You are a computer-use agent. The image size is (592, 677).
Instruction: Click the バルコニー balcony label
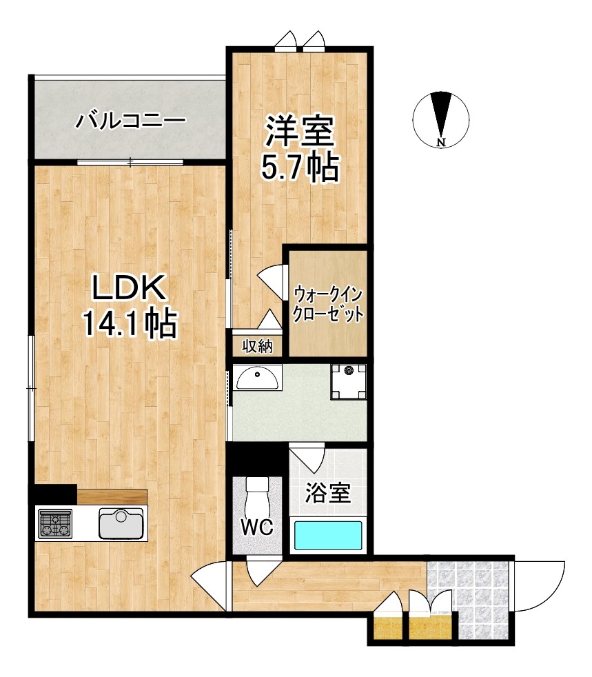pos(130,121)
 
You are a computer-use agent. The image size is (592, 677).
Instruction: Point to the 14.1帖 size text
pos(129,324)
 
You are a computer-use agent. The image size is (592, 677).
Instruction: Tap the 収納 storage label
pos(257,346)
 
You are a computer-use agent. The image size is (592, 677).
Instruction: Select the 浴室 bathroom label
pos(328,494)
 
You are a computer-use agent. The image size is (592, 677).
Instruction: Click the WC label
pos(257,528)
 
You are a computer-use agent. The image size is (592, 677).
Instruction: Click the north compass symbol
pos(442,119)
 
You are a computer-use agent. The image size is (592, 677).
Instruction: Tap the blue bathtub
pos(328,536)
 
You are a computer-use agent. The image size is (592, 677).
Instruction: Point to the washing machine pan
pos(347,381)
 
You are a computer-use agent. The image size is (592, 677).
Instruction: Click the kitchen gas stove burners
pos(54,523)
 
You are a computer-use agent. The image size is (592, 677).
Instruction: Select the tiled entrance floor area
pos(469,596)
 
